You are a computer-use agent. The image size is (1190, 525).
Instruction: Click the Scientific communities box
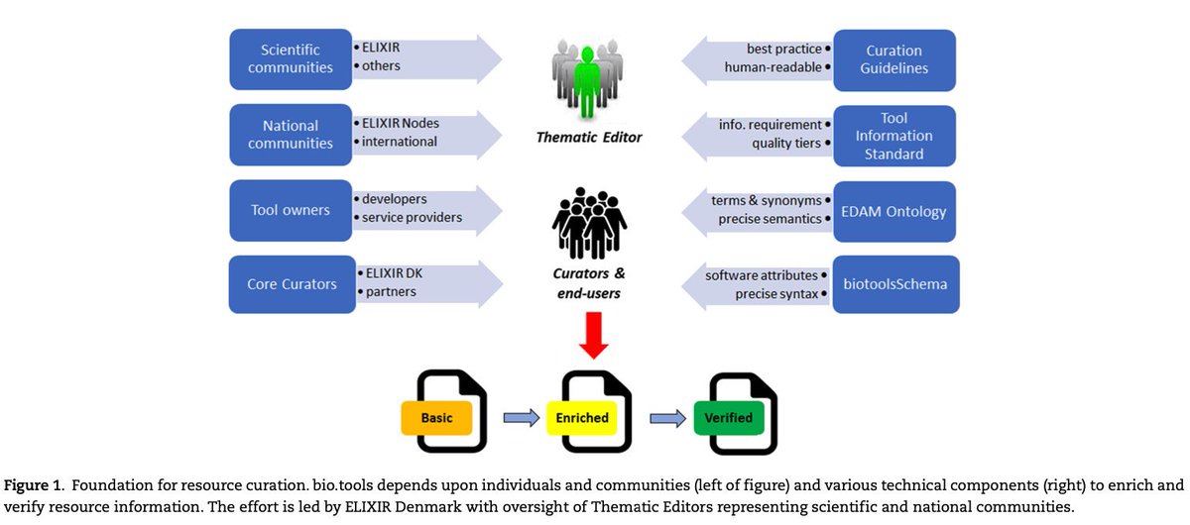(291, 58)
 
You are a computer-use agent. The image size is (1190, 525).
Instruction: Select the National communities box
(291, 134)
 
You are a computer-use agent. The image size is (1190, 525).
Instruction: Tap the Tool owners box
(291, 209)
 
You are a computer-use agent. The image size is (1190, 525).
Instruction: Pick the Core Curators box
(292, 284)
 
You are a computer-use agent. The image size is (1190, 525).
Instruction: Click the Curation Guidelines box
(894, 58)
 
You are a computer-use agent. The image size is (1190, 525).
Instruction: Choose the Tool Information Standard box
(894, 137)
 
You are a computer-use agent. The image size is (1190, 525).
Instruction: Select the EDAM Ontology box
(894, 211)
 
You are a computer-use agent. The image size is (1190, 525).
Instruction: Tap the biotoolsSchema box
(894, 284)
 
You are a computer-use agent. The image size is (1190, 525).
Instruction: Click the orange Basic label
(436, 417)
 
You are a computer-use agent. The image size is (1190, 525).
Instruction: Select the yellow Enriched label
(582, 417)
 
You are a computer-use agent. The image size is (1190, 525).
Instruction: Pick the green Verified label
(729, 417)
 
